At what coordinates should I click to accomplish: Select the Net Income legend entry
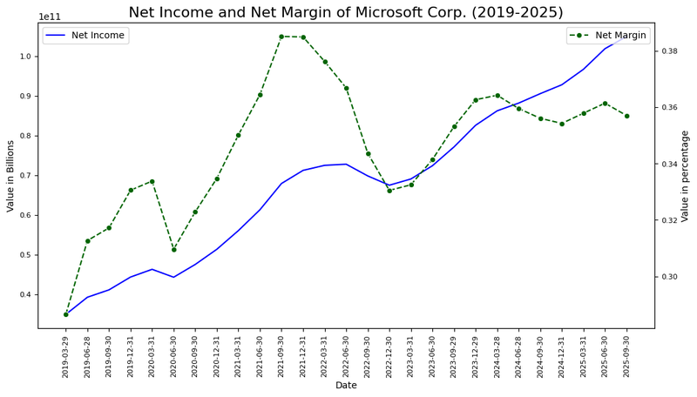pyautogui.click(x=98, y=36)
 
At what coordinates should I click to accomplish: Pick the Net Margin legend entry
pyautogui.click(x=621, y=36)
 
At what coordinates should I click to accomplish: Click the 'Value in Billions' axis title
pyautogui.click(x=10, y=175)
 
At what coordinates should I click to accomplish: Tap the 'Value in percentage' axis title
pyautogui.click(x=686, y=175)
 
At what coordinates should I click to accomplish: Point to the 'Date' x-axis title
pyautogui.click(x=346, y=385)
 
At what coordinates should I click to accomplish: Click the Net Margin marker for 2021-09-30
pyautogui.click(x=281, y=37)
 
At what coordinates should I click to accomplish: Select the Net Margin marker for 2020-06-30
pyautogui.click(x=173, y=250)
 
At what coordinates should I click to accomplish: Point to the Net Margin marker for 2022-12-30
pyautogui.click(x=389, y=191)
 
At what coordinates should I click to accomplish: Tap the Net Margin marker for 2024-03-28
pyautogui.click(x=497, y=96)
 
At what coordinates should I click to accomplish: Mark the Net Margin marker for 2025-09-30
pyautogui.click(x=626, y=116)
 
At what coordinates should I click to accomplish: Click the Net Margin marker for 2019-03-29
pyautogui.click(x=65, y=314)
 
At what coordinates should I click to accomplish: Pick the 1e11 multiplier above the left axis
pyautogui.click(x=49, y=17)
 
